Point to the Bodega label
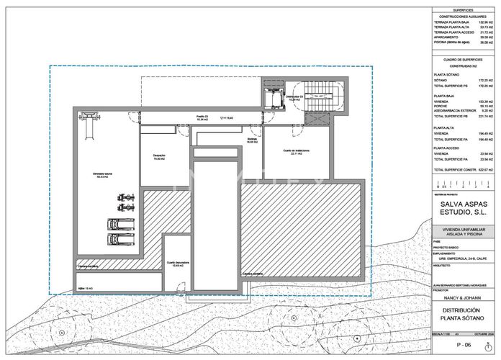tap(252, 140)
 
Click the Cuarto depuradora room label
tap(178, 264)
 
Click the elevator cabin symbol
tap(273, 99)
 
